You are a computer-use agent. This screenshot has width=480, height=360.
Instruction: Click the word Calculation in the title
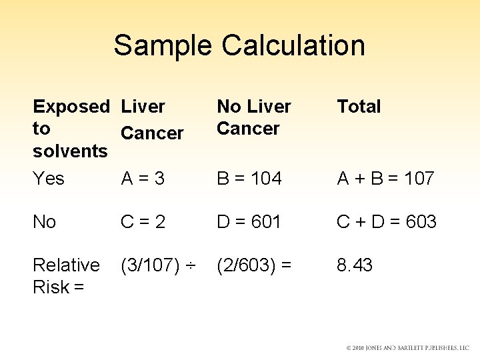click(x=293, y=45)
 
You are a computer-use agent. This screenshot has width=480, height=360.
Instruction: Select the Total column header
click(x=359, y=107)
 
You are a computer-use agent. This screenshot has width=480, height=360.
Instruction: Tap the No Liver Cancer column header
click(x=254, y=117)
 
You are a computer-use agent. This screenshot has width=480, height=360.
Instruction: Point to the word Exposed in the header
click(x=71, y=107)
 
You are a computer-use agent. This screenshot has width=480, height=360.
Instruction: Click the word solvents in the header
click(x=71, y=151)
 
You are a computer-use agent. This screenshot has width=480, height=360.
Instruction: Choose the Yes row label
click(x=49, y=179)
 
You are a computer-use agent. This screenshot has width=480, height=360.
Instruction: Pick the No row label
click(x=45, y=222)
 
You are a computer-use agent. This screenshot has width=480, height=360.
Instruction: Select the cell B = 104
click(x=249, y=179)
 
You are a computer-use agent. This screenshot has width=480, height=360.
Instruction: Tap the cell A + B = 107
click(x=385, y=179)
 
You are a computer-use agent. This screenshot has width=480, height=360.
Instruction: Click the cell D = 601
click(x=249, y=222)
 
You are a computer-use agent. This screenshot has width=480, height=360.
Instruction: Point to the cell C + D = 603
click(x=387, y=222)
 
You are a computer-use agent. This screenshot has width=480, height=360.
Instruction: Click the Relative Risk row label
click(x=66, y=275)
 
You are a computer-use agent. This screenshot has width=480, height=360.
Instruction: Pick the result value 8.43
click(x=355, y=265)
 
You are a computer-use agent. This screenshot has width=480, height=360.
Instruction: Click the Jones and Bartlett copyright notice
click(x=407, y=348)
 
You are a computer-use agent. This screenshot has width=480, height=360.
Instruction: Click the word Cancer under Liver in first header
click(x=152, y=133)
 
